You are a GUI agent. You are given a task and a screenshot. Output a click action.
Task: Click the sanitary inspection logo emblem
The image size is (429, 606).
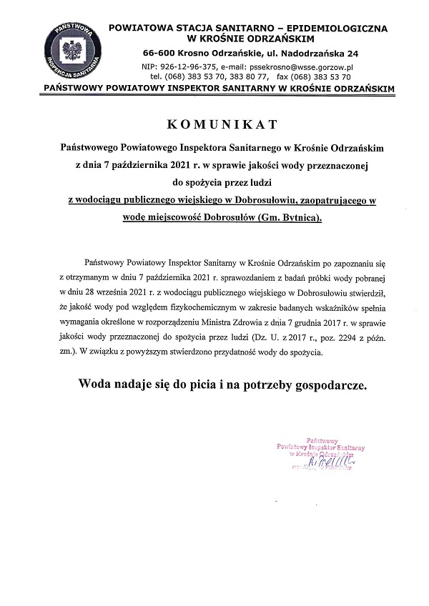tap(70, 52)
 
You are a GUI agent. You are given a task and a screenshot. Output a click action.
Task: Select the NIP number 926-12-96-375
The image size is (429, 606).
tap(184, 65)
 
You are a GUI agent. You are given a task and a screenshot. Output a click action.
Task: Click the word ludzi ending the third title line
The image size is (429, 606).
tap(260, 179)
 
